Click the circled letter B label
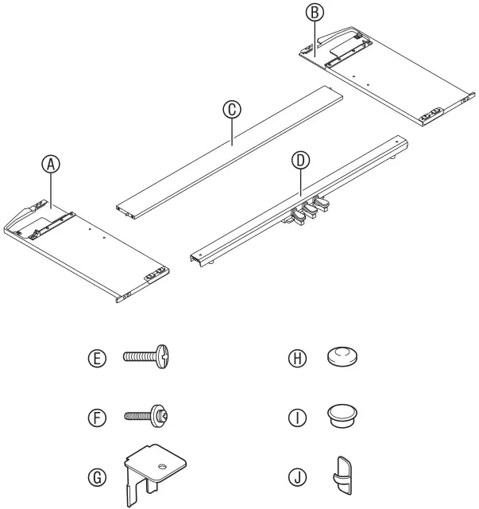tap(315, 14)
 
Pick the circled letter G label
tap(98, 477)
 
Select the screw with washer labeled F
tap(149, 415)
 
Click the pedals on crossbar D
tap(305, 208)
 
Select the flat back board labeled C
tap(230, 151)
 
